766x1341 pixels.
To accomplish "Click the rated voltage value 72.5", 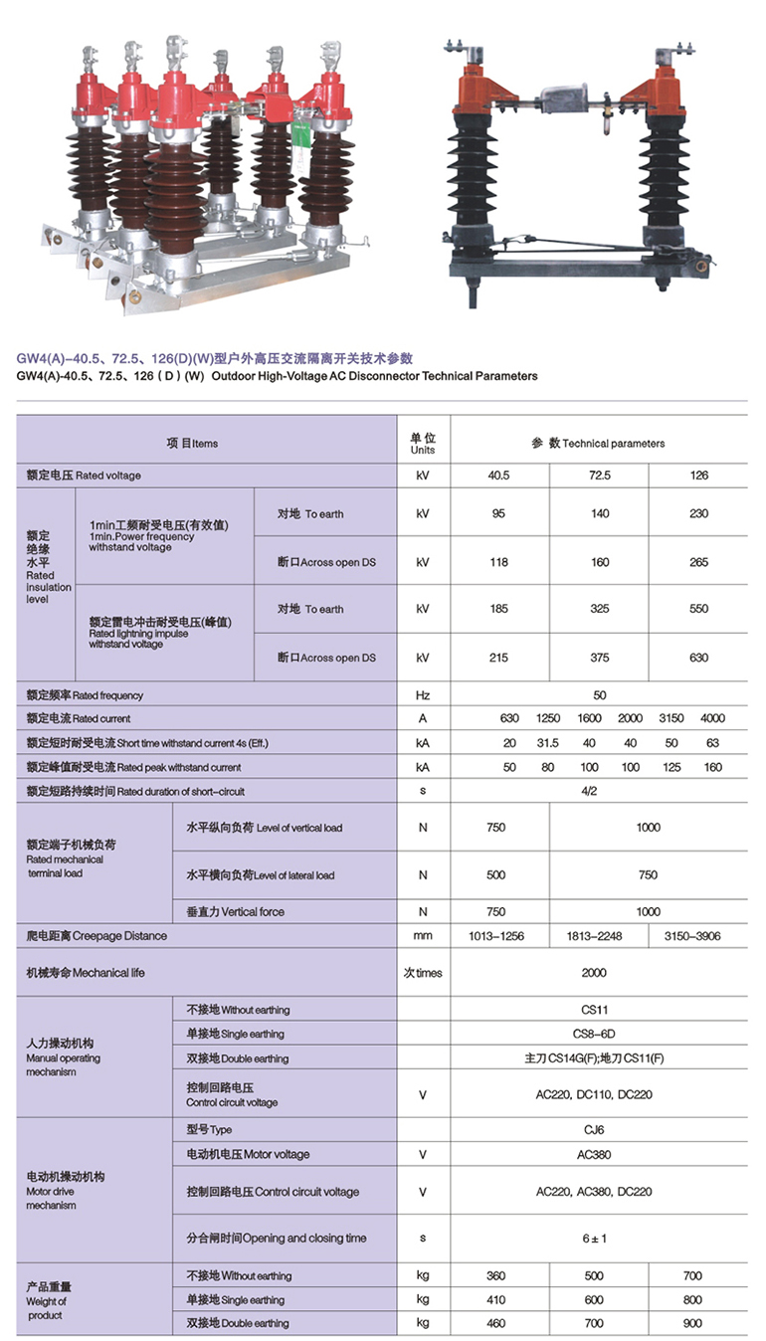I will click(599, 476).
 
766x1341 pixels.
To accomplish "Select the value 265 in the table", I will click(698, 563).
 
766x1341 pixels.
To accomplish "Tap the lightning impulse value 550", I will click(698, 609).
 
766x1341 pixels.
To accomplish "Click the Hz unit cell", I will click(423, 695).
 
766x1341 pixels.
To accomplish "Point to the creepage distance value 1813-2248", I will click(599, 936).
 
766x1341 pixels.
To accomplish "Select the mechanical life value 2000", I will click(594, 973).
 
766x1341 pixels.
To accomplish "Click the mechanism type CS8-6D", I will click(594, 1034).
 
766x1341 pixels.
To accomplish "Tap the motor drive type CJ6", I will click(594, 1129).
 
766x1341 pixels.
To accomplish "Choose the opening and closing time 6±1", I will click(594, 1239).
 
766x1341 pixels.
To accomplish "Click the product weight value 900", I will click(692, 1323).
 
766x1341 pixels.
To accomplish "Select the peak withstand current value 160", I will click(712, 768).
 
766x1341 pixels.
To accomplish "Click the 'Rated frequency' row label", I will click(85, 695).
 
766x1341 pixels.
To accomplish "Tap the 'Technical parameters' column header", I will click(598, 443).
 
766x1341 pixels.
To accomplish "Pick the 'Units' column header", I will click(423, 444).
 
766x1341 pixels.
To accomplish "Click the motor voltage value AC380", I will click(594, 1155).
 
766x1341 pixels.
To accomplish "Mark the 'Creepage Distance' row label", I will click(97, 936).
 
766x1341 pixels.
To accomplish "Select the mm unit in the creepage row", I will click(423, 936).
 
